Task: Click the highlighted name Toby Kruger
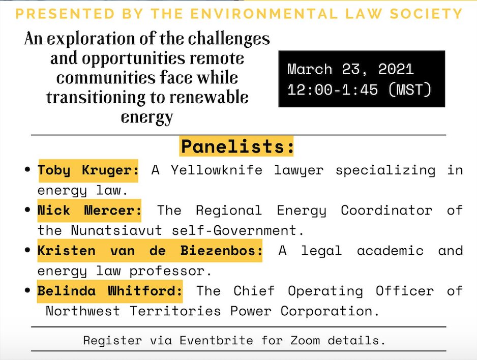tap(87, 170)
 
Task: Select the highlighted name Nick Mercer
tap(90, 210)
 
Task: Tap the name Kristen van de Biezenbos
tap(150, 250)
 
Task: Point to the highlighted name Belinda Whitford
tap(110, 291)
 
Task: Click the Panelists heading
tap(237, 146)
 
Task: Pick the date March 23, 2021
tap(350, 69)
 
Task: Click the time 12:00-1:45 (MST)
tap(359, 89)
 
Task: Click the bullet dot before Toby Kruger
tap(28, 169)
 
